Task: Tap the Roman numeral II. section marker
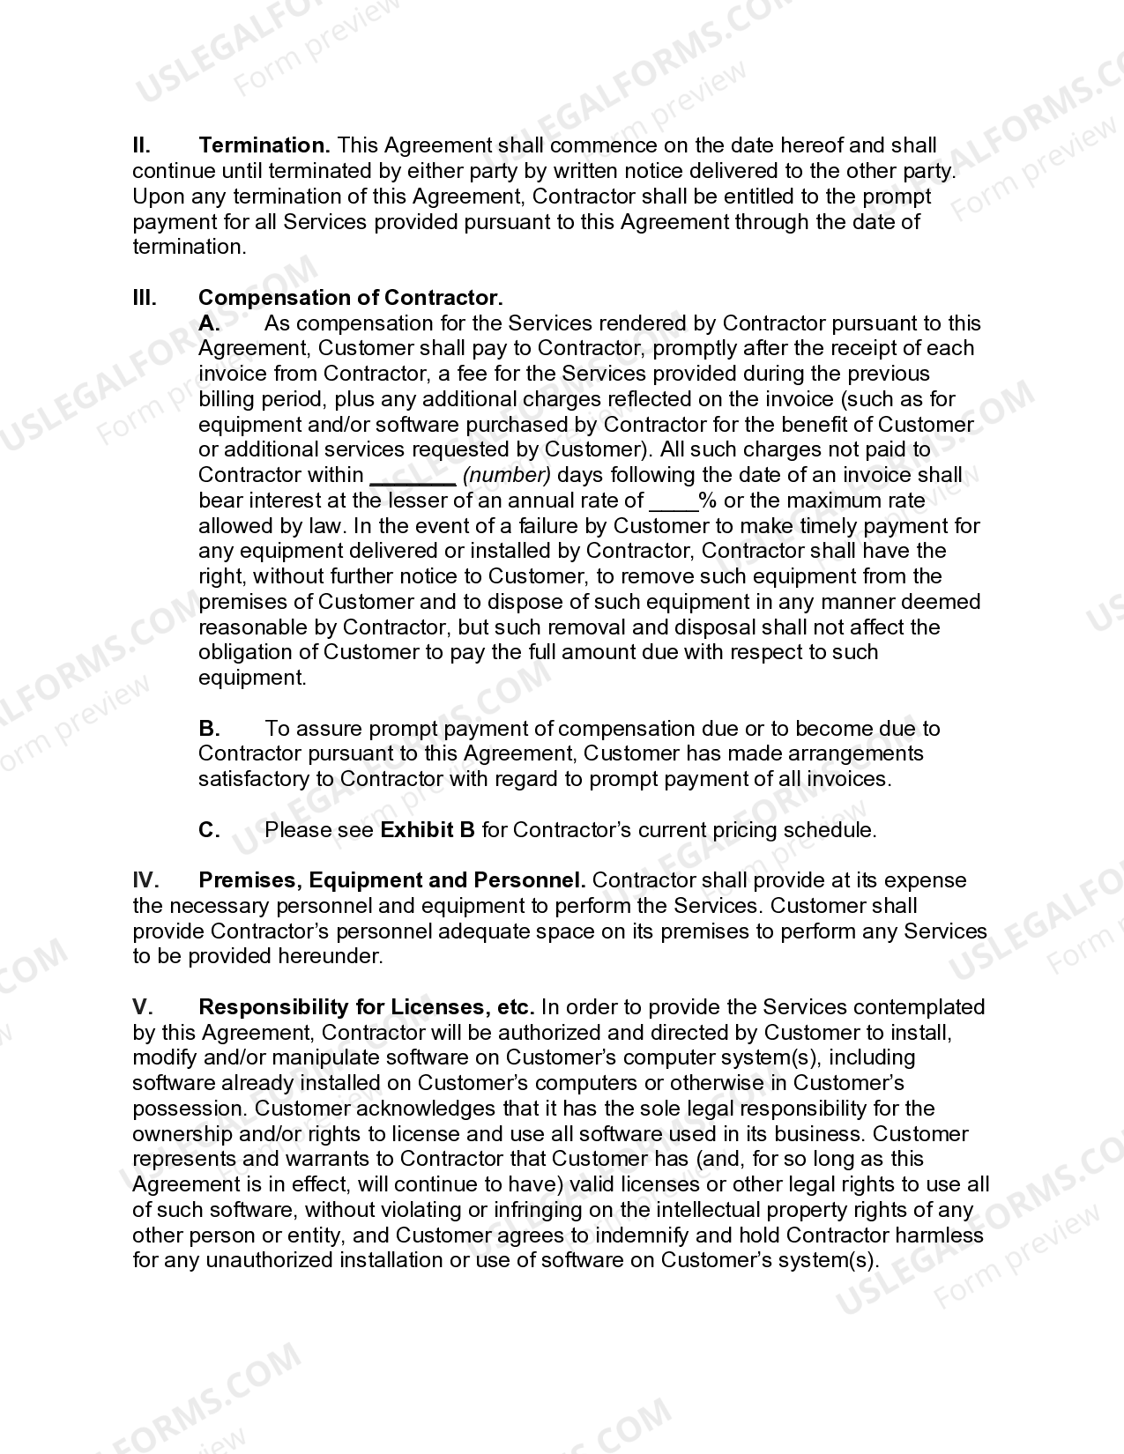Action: [x=142, y=145]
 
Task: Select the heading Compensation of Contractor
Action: [x=350, y=298]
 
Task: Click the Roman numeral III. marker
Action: [x=145, y=298]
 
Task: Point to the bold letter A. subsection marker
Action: [x=209, y=323]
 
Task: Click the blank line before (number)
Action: [x=412, y=477]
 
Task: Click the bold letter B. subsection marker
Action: [x=209, y=729]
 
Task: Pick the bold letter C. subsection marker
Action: [x=209, y=830]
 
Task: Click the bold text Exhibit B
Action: [x=428, y=830]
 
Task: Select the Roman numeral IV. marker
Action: [x=145, y=880]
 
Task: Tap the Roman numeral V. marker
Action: [x=143, y=1007]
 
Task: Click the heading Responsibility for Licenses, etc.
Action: [x=367, y=1007]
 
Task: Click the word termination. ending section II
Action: [x=190, y=247]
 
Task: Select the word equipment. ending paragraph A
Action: [x=252, y=679]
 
